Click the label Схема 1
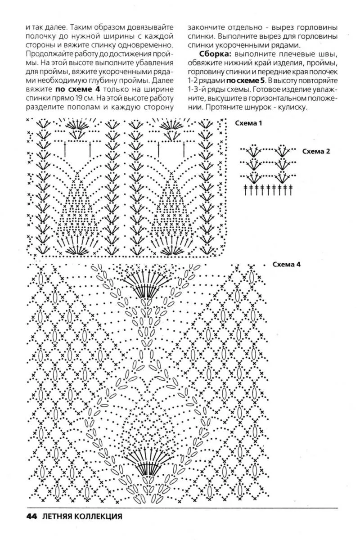pyautogui.click(x=248, y=123)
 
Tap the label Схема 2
pyautogui.click(x=315, y=151)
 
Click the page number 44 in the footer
pyautogui.click(x=32, y=516)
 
